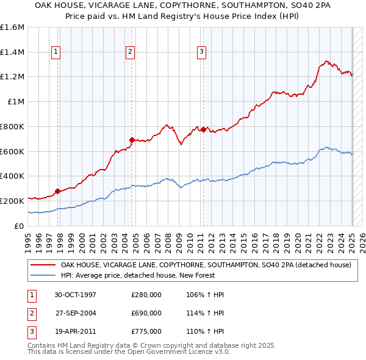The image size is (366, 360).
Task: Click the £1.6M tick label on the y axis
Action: coord(12,27)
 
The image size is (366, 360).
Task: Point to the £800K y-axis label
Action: coord(12,126)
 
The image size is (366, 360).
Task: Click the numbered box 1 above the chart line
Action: coord(56,52)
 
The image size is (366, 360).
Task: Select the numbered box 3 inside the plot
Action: coord(201,52)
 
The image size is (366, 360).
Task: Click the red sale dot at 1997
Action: coord(58,191)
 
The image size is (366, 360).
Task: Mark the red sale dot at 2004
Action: coord(132,140)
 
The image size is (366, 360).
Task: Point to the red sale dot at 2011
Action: coord(203,129)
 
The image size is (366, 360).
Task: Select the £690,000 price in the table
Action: coord(146,313)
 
